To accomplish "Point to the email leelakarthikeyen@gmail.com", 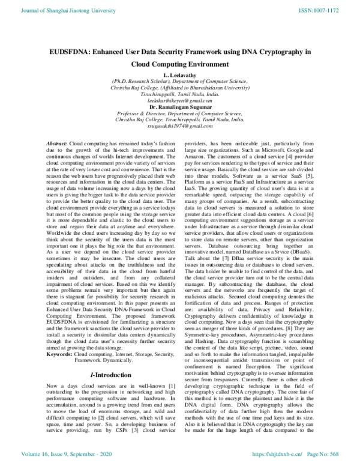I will click(x=180, y=101).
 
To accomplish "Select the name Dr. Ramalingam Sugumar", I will click(x=180, y=108).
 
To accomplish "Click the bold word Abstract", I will click(x=57, y=145).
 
